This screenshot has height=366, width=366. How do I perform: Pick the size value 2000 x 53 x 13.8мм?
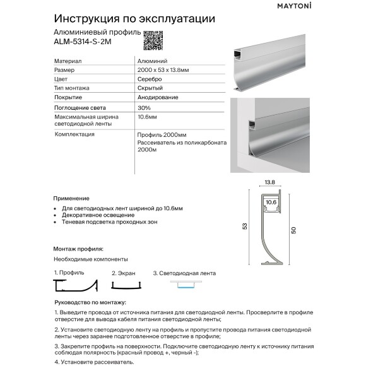pos(162,70)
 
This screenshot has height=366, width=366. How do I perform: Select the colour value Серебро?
pos(149,80)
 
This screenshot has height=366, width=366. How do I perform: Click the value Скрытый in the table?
pos(148,88)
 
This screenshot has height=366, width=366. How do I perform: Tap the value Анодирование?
pos(157,98)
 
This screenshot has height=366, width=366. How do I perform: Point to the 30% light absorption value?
pos(143,108)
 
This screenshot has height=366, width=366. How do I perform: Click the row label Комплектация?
pos(74,134)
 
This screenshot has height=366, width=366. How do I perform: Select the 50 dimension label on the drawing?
pos(293,231)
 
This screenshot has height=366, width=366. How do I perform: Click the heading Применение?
pos(71,198)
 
